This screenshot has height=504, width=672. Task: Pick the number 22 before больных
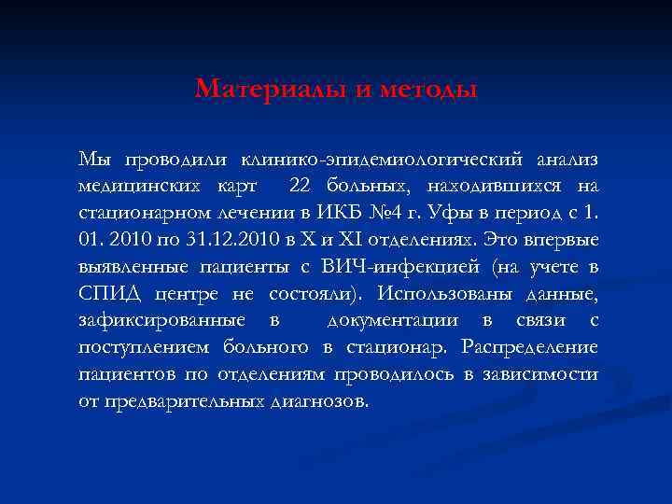coord(301,187)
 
